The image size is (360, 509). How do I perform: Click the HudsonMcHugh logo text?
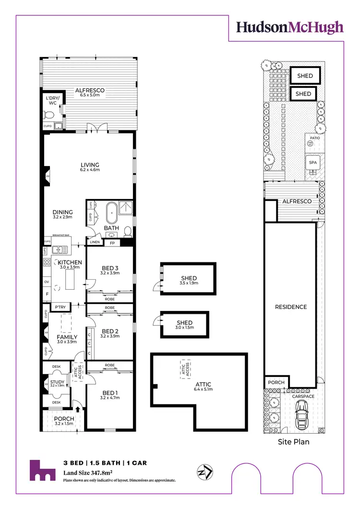pyautogui.click(x=289, y=27)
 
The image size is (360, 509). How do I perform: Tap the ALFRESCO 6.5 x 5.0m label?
pyautogui.click(x=89, y=93)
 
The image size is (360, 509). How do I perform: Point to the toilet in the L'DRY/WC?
pyautogui.click(x=48, y=115)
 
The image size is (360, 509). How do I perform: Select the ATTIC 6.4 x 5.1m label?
pyautogui.click(x=204, y=387)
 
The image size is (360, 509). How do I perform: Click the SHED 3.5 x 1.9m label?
pyautogui.click(x=189, y=281)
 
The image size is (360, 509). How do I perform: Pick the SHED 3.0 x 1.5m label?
pyautogui.click(x=185, y=325)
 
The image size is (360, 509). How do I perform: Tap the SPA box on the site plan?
pyautogui.click(x=313, y=163)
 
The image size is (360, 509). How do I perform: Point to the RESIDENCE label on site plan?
pyautogui.click(x=291, y=307)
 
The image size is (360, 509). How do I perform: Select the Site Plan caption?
pyautogui.click(x=294, y=442)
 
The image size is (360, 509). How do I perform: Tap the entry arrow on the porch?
pyautogui.click(x=78, y=409)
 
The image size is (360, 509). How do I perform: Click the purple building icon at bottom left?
pyautogui.click(x=41, y=471)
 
